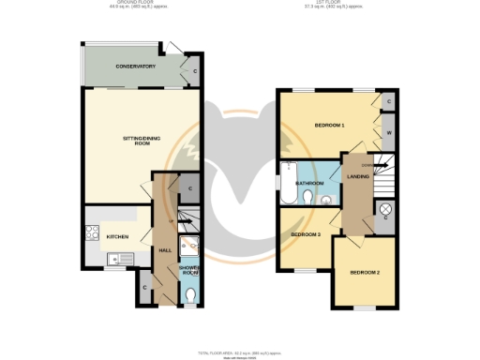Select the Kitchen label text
[117, 236]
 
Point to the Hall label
[164, 250]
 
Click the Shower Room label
[189, 271]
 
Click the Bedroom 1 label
[329, 125]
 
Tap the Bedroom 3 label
[305, 233]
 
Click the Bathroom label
[309, 183]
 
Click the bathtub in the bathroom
[284, 182]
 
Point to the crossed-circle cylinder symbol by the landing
[384, 209]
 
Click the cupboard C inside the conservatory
[195, 72]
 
